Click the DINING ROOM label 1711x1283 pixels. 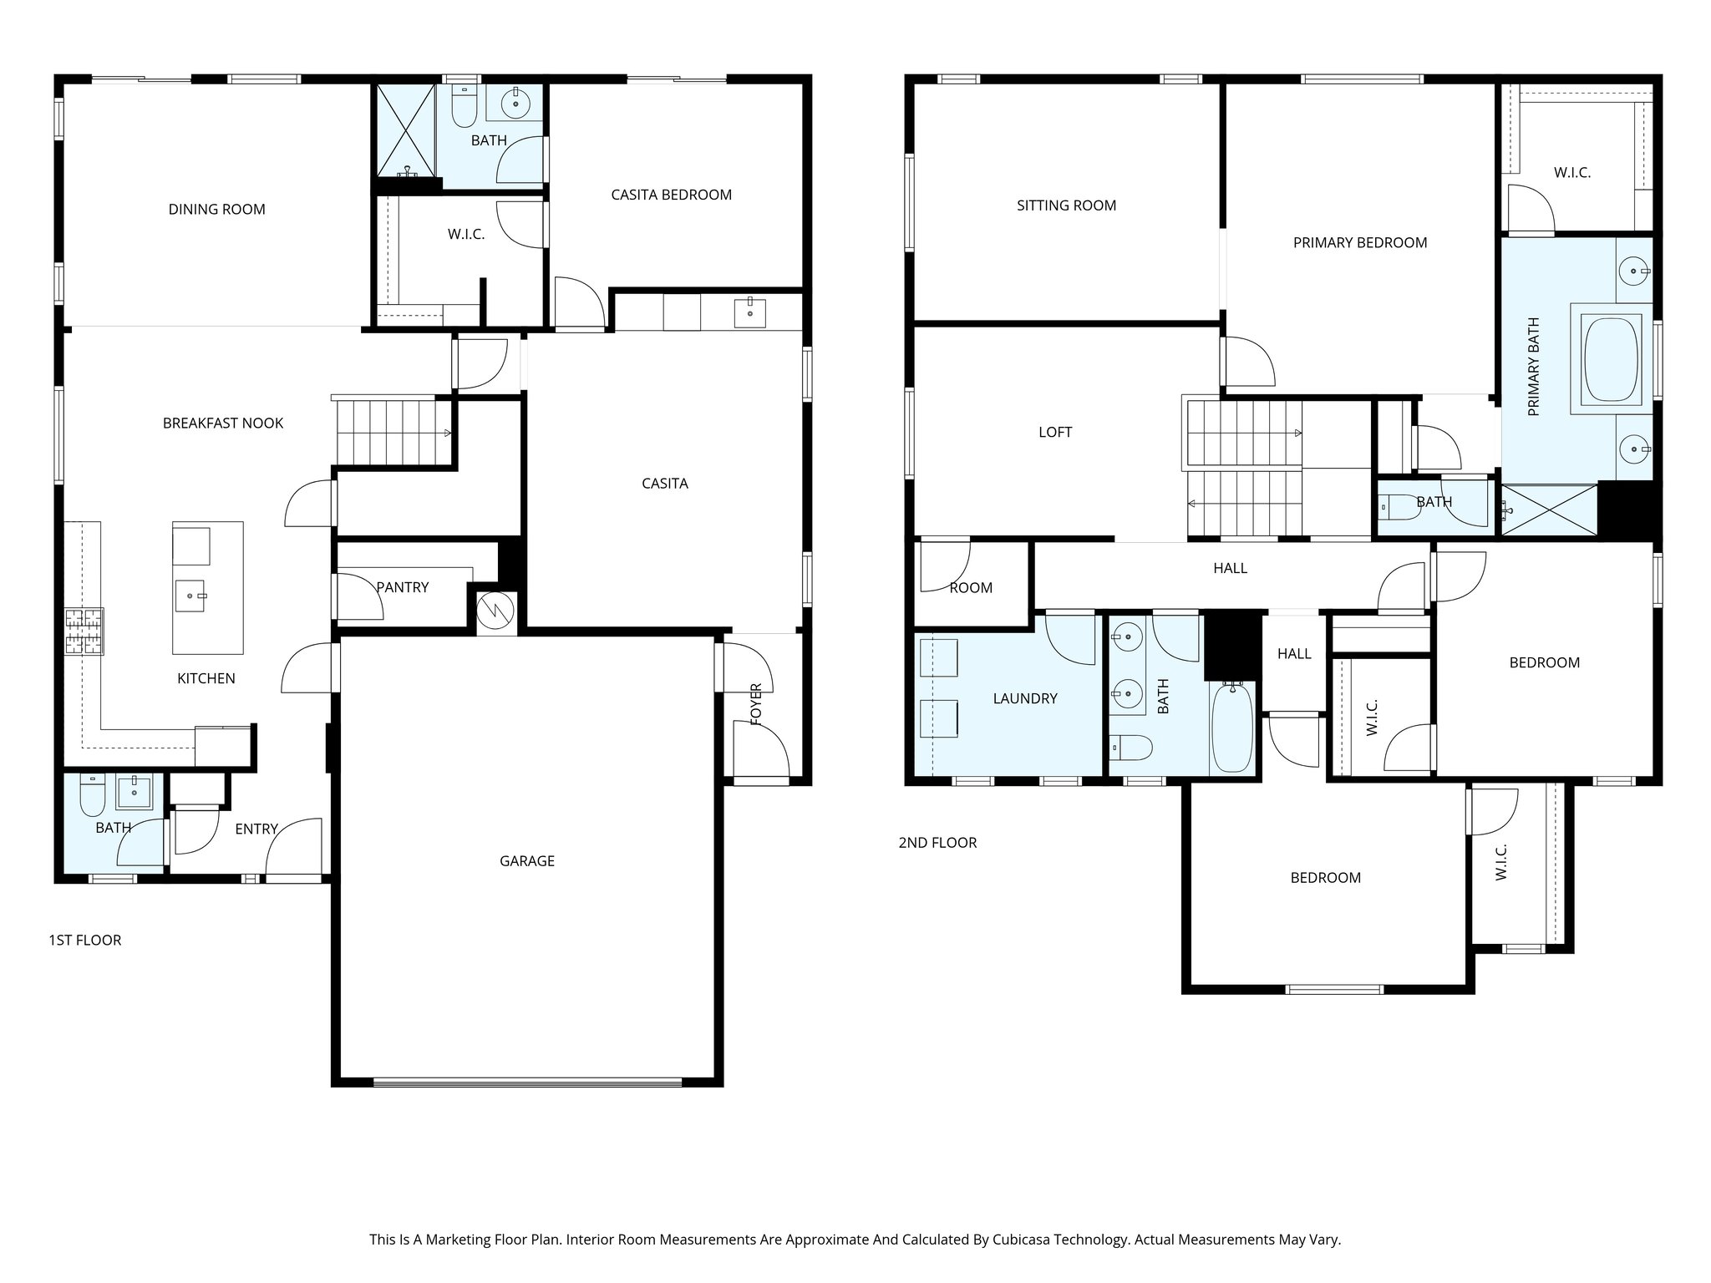coord(216,210)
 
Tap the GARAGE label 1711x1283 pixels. coord(526,861)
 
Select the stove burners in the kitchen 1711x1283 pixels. coord(84,631)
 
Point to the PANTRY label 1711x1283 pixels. coord(402,587)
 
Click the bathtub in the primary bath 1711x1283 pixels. coord(1610,360)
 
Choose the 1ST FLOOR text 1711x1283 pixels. coord(84,941)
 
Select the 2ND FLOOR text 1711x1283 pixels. coord(937,843)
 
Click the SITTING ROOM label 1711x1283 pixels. coord(1066,205)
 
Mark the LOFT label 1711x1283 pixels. coord(1054,432)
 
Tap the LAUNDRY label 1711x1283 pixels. coord(1024,698)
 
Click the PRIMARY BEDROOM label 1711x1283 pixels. coord(1359,243)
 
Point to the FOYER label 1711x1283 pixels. coord(756,703)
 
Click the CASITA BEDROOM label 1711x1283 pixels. coord(671,195)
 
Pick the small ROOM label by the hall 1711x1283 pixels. coord(970,588)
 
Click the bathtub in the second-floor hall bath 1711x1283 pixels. coord(1231,726)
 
